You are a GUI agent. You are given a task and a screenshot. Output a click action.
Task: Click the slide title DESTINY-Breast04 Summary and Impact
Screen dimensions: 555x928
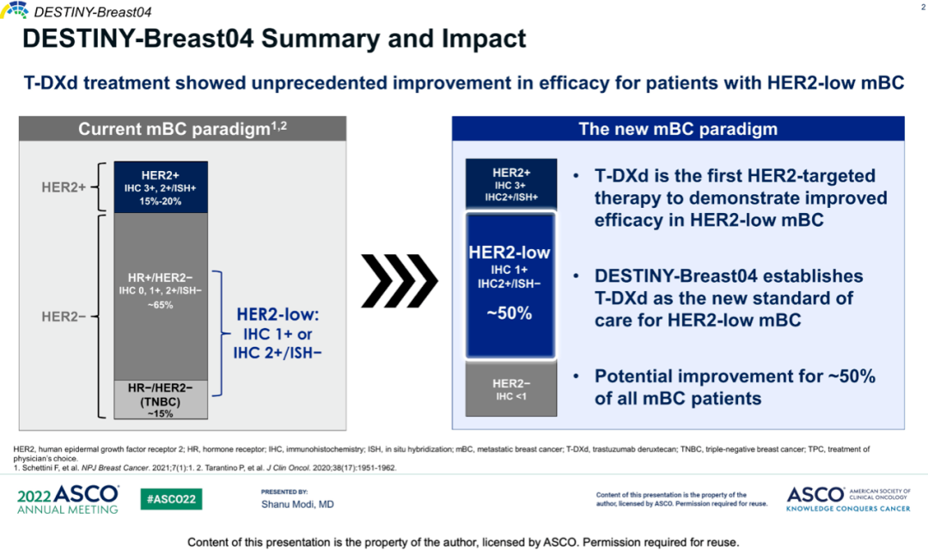click(273, 40)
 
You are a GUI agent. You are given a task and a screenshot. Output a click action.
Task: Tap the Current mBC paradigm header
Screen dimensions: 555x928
click(183, 129)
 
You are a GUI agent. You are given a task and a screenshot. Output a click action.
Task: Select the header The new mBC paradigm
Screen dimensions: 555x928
click(678, 129)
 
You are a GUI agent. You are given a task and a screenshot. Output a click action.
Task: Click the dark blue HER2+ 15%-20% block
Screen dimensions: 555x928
click(161, 187)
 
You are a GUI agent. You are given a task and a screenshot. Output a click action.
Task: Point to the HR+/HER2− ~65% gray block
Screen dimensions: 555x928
click(161, 292)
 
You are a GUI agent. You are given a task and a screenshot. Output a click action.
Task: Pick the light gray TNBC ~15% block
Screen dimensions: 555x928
click(161, 399)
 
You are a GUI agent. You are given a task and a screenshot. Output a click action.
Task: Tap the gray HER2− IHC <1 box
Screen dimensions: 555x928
click(510, 389)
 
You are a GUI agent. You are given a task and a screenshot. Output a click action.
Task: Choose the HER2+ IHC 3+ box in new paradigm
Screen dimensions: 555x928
click(510, 183)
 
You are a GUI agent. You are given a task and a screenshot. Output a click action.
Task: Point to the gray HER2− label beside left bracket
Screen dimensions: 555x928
click(64, 316)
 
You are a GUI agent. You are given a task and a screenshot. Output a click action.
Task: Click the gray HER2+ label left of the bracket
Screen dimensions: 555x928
click(64, 186)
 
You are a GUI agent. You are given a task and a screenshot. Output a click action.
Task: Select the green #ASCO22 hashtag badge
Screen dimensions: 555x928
click(171, 499)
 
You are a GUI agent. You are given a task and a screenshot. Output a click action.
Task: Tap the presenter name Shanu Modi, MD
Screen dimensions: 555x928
click(297, 504)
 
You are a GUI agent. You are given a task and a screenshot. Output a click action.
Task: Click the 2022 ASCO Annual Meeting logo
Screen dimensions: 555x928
click(68, 499)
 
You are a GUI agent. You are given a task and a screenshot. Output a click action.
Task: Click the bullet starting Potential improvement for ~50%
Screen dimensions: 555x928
click(734, 387)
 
